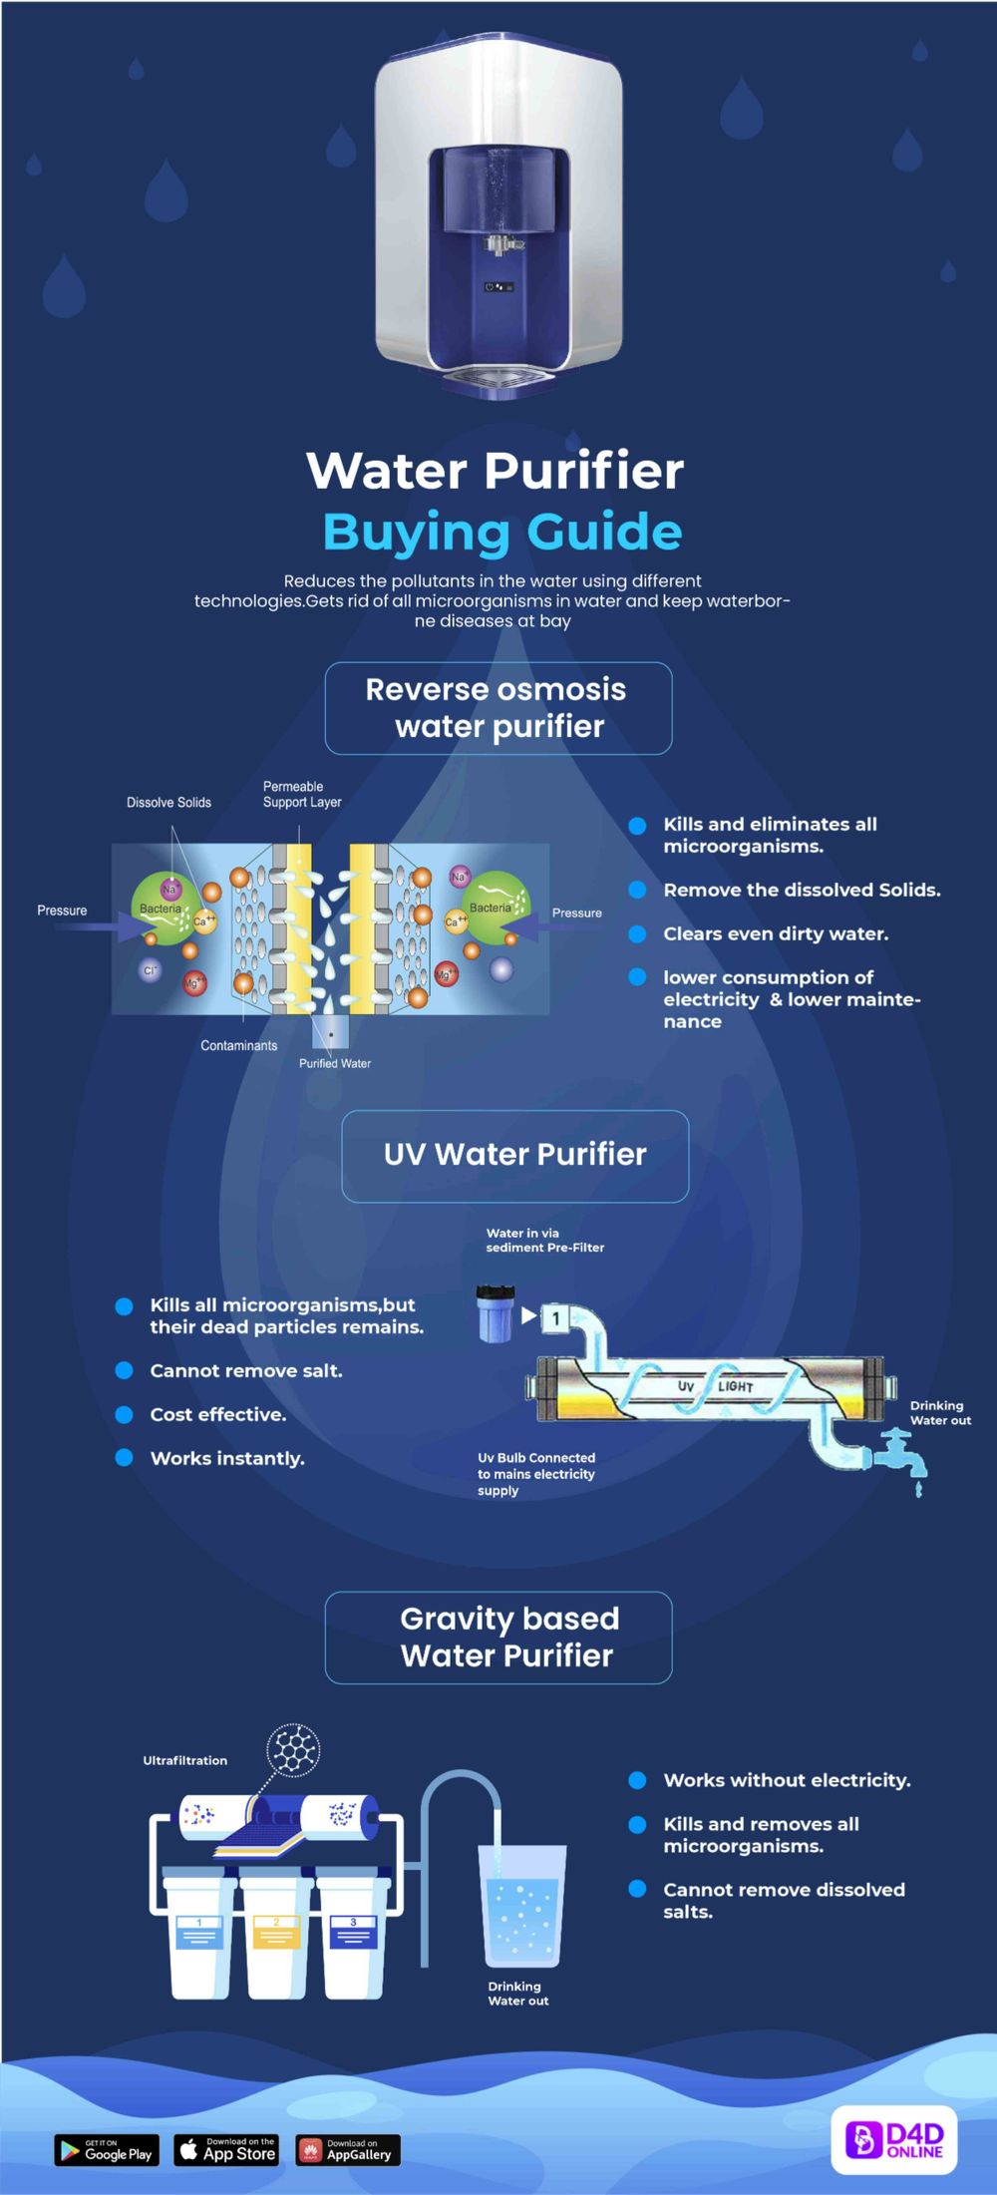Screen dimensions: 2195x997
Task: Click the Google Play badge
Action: [105, 2150]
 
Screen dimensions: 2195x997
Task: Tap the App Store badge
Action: [226, 2149]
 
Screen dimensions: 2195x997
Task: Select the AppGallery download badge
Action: [348, 2149]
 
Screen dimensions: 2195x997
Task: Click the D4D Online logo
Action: [894, 2139]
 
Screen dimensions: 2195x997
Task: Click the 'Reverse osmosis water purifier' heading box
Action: [498, 708]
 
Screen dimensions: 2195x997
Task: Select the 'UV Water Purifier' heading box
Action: [514, 1155]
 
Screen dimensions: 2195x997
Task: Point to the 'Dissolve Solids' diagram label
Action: [168, 803]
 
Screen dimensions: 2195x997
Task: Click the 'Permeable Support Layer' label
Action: [301, 794]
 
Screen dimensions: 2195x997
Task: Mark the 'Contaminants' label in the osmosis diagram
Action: [239, 1045]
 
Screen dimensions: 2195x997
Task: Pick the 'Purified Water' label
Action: [335, 1063]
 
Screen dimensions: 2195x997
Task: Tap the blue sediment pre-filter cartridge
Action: [495, 1313]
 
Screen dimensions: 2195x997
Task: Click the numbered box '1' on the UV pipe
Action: [555, 1318]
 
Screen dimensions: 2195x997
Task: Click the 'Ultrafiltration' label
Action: [184, 1760]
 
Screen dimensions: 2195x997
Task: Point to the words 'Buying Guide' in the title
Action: [502, 532]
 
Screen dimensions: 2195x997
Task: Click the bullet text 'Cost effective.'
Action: [217, 1414]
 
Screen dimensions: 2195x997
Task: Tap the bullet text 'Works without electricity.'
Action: [787, 1780]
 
